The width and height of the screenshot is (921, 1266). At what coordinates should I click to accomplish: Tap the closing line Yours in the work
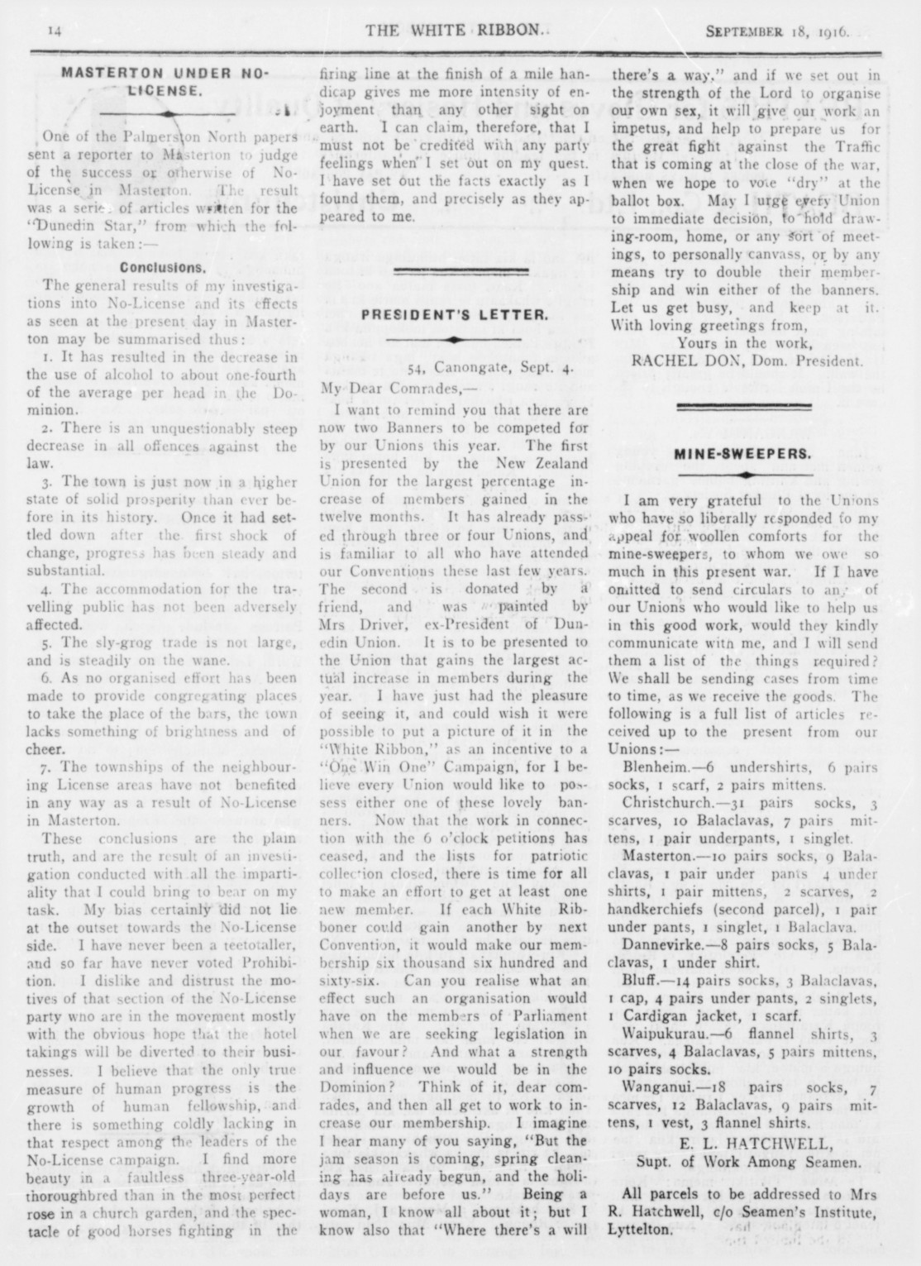click(x=741, y=342)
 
